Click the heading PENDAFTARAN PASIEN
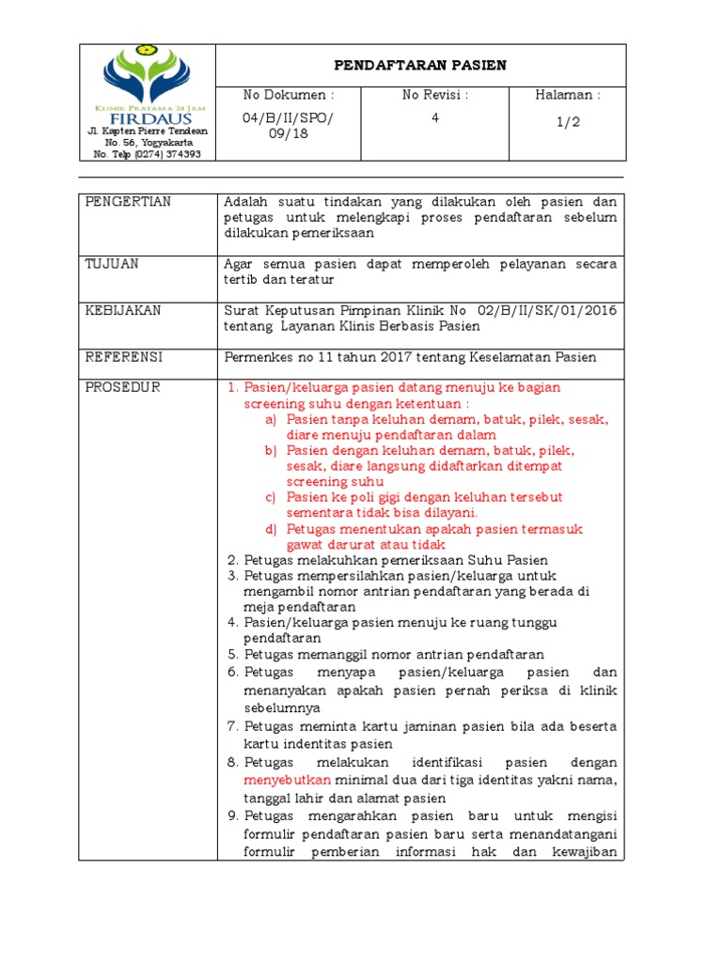(x=421, y=65)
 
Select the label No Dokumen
(x=289, y=95)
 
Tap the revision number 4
(x=434, y=118)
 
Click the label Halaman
(x=568, y=95)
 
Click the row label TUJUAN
(x=112, y=264)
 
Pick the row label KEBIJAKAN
(x=123, y=311)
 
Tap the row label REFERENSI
(x=124, y=357)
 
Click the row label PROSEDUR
(x=122, y=387)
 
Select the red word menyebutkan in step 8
(x=288, y=781)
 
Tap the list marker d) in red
(x=271, y=529)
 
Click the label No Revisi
(x=435, y=95)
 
